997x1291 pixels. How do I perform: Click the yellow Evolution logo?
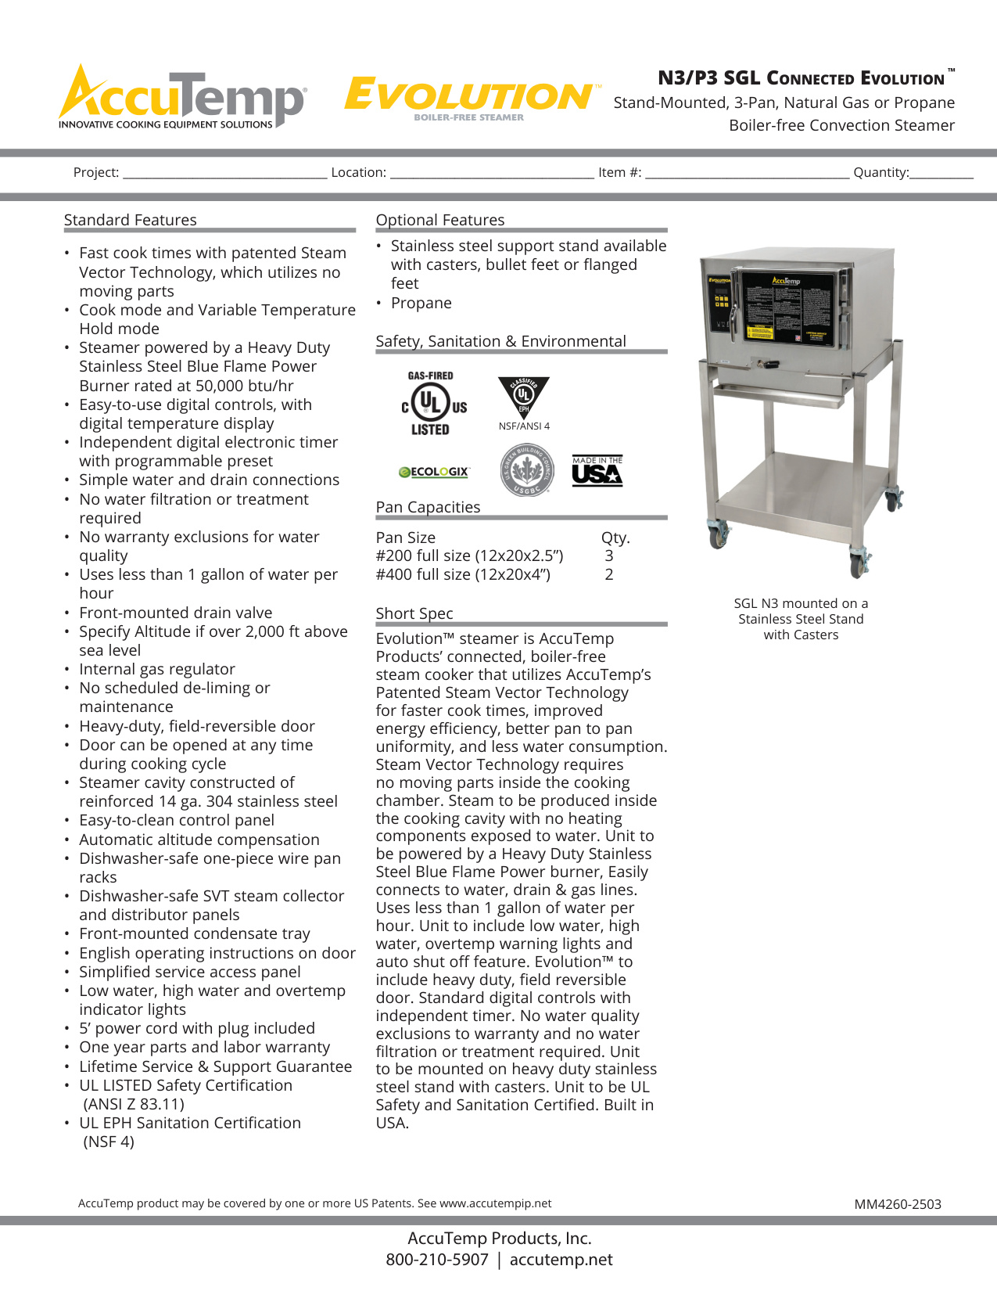(x=469, y=97)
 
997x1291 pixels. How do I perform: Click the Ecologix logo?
(x=434, y=472)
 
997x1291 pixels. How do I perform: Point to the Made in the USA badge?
(x=597, y=471)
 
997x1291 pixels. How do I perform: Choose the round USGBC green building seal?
(x=526, y=469)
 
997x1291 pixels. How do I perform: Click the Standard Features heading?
(x=131, y=220)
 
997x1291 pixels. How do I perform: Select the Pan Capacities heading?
(x=428, y=507)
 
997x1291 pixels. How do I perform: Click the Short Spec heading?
(x=414, y=613)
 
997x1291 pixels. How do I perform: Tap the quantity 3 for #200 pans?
(x=609, y=556)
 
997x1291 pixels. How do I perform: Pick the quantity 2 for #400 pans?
(x=609, y=574)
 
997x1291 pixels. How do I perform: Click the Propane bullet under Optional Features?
(x=421, y=303)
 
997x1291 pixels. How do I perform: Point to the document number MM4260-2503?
(x=898, y=1204)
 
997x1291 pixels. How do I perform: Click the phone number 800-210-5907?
(x=436, y=1260)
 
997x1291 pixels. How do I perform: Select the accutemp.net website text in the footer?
(x=561, y=1260)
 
